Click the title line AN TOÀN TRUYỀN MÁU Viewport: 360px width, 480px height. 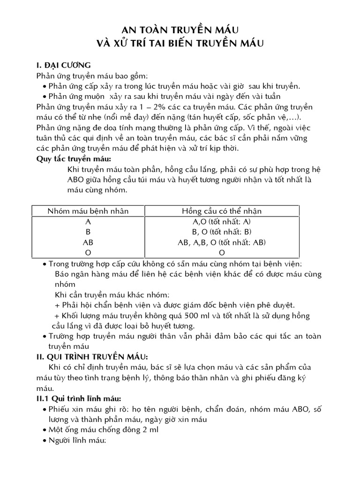click(x=180, y=30)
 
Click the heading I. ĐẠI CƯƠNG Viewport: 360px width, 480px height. click(x=63, y=65)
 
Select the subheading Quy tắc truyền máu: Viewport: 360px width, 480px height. click(x=69, y=158)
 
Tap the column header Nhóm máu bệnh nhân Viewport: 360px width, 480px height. click(x=88, y=211)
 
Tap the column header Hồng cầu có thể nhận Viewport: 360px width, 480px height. click(x=222, y=211)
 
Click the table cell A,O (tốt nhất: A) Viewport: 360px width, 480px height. click(x=222, y=222)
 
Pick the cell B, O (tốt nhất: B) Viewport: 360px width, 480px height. click(x=222, y=232)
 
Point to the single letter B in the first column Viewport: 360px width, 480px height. click(x=88, y=232)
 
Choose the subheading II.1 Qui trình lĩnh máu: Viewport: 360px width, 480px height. click(x=79, y=398)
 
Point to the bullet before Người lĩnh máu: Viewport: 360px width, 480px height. click(x=44, y=441)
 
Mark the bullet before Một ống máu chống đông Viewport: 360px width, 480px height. click(x=44, y=430)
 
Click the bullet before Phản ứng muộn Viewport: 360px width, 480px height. click(x=44, y=96)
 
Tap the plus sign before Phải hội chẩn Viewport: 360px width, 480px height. click(x=58, y=306)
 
